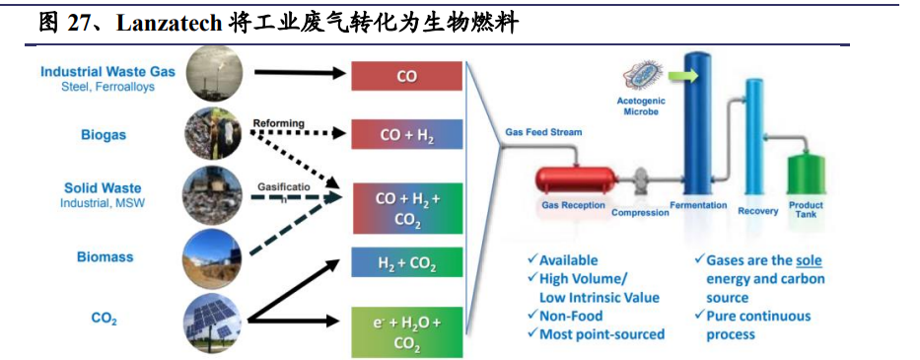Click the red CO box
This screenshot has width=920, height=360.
coord(406,76)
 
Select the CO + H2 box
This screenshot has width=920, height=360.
coord(406,134)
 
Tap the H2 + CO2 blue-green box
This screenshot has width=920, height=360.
coord(406,263)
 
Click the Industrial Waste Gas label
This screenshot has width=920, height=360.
coord(107,71)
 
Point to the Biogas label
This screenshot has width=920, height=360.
coord(104,134)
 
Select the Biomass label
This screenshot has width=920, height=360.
coord(105,256)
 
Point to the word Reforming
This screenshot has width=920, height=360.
coord(278,123)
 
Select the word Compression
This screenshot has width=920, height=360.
coord(640,212)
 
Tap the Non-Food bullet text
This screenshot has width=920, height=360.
coord(576,316)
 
